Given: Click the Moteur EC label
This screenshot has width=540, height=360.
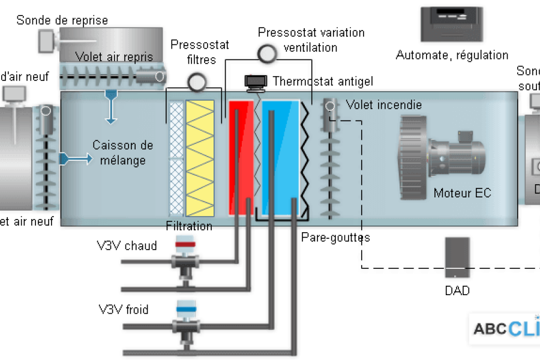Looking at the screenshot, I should (x=462, y=193).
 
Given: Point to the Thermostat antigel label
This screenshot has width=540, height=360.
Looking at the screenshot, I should (x=323, y=81).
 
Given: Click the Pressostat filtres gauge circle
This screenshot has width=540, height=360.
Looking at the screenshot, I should (x=195, y=82).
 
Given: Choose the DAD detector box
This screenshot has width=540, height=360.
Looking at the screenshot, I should (x=457, y=257).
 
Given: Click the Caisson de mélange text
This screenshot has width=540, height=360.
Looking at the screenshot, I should (x=122, y=152).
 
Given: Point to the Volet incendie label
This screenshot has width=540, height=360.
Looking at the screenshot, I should (x=383, y=105).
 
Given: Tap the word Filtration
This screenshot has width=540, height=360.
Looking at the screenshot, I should (x=189, y=226).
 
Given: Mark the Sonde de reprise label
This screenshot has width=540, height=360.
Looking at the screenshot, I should (x=62, y=20).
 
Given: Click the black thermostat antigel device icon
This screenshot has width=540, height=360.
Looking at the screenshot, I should (x=257, y=81).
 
